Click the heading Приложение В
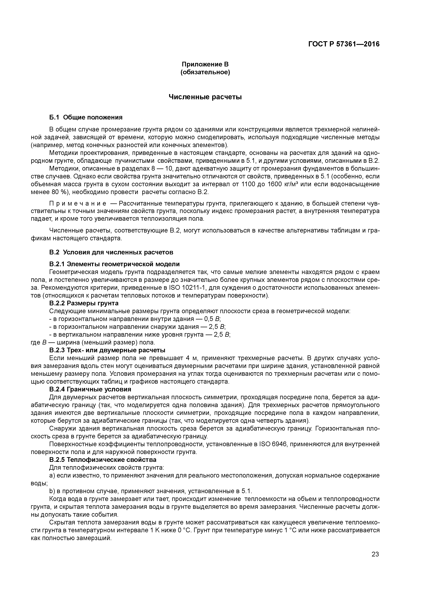(x=205, y=64)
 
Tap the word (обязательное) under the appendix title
(x=205, y=72)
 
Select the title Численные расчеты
(x=205, y=97)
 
